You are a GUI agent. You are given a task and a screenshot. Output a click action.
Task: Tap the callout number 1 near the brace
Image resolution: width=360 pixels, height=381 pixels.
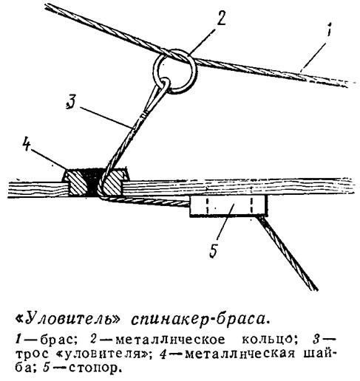pyautogui.click(x=330, y=30)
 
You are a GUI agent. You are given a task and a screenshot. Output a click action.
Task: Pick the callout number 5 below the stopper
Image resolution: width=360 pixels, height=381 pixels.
pyautogui.click(x=214, y=250)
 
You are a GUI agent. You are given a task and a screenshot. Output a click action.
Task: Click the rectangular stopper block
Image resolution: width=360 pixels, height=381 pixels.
pyautogui.click(x=228, y=205)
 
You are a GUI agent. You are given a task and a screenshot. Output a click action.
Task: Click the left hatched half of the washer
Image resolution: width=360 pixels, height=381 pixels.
pyautogui.click(x=77, y=182)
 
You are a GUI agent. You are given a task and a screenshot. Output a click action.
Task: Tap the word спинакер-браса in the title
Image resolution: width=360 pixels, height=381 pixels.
pyautogui.click(x=199, y=319)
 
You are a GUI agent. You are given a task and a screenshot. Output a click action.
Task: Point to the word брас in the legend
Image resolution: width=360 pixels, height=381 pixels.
pyautogui.click(x=57, y=340)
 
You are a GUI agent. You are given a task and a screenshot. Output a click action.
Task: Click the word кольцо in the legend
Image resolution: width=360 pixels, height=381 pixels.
pyautogui.click(x=268, y=340)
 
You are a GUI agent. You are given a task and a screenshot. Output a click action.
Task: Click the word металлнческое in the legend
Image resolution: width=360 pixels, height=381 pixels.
pyautogui.click(x=171, y=340)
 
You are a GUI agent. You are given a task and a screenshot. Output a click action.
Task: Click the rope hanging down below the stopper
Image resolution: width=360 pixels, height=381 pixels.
pyautogui.click(x=288, y=253)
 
